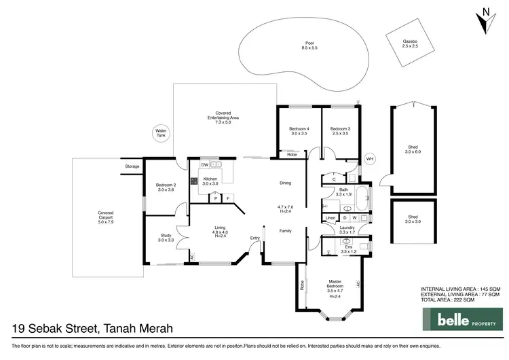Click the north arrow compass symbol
(484, 20)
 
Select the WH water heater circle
(370, 159)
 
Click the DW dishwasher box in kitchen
(204, 165)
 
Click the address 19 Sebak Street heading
(92, 329)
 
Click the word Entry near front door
(254, 238)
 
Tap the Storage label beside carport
(132, 166)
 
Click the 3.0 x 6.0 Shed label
(413, 149)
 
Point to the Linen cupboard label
(330, 218)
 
